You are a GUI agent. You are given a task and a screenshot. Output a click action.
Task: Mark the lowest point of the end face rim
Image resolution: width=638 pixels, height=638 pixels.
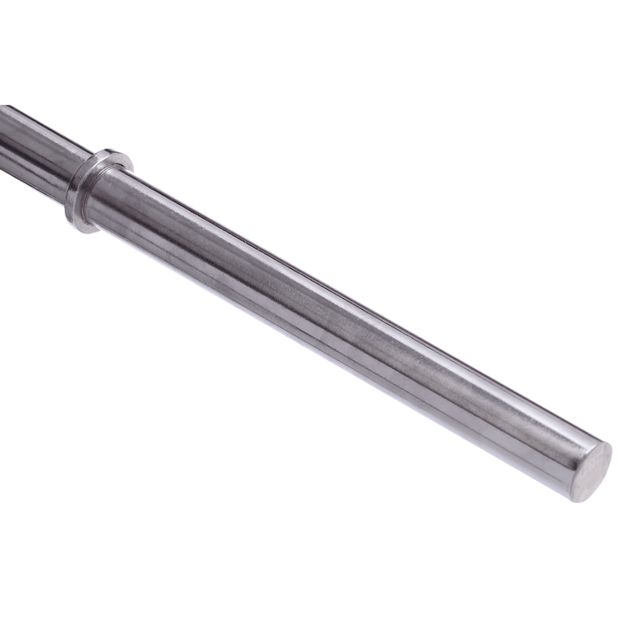pos(578,501)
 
